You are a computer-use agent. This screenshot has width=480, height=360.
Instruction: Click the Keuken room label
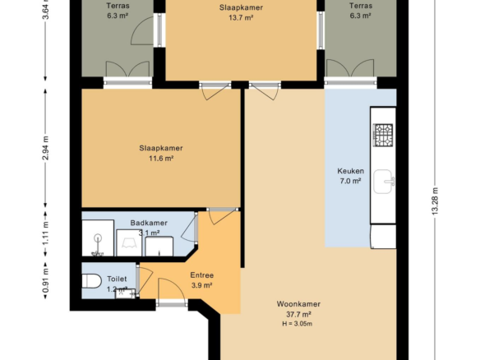[350, 171]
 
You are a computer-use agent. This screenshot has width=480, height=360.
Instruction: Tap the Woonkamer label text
[298, 304]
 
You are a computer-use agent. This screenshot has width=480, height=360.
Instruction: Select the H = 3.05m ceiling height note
[298, 324]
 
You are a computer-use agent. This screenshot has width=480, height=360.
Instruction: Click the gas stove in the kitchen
[383, 135]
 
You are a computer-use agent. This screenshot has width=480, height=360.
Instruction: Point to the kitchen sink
[384, 182]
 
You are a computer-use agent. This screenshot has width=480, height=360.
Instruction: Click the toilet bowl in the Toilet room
[91, 281]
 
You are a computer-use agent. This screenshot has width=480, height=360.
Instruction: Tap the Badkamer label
[149, 223]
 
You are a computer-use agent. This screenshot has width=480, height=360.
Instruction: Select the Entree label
[201, 275]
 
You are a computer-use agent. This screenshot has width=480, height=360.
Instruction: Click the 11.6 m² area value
[161, 159]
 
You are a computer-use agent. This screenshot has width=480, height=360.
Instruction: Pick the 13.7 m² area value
[241, 17]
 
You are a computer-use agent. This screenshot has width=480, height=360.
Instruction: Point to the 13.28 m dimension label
[435, 201]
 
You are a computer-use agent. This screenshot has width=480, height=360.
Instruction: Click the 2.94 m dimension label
[45, 148]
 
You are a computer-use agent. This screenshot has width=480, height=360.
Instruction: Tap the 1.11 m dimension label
[45, 233]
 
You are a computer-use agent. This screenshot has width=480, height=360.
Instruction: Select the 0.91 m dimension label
[45, 281]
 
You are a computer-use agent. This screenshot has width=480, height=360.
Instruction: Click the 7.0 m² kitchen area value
[350, 181]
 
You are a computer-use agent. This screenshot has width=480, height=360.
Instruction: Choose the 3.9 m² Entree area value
[201, 285]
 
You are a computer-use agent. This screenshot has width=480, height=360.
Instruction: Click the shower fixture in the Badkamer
[98, 238]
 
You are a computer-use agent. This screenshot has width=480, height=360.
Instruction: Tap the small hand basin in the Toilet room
[126, 293]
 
